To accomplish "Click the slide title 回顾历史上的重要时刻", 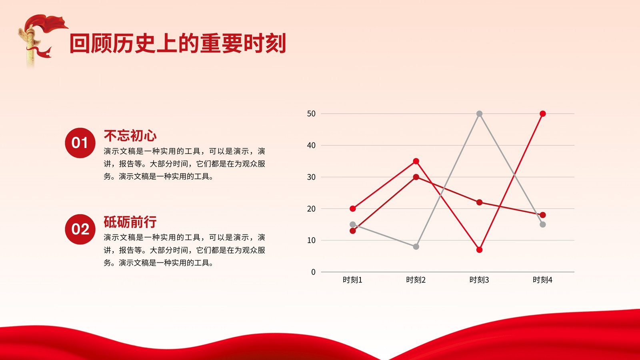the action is tap(178, 43).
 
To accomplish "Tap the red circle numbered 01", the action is tap(80, 143).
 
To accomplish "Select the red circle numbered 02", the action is tap(80, 229).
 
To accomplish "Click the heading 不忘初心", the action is tap(130, 136).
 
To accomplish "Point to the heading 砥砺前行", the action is tap(130, 222).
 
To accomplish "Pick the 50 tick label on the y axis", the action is tap(311, 114).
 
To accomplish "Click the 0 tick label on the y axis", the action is tap(314, 272).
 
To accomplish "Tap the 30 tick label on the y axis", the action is tap(311, 177).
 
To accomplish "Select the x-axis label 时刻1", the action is tap(352, 280).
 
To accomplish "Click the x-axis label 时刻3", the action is tap(479, 280).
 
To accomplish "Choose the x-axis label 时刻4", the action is tap(542, 280).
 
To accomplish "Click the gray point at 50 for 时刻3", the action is tap(480, 114).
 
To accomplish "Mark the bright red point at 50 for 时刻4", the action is tap(543, 114).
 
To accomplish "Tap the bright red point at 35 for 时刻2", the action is tap(416, 161).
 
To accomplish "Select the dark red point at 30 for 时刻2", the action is tap(416, 177).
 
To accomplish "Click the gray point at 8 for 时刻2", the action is tap(416, 246).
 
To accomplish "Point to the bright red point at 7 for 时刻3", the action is tap(480, 250).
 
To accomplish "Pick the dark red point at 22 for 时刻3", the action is tap(480, 202).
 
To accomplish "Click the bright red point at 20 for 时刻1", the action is tap(353, 208).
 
